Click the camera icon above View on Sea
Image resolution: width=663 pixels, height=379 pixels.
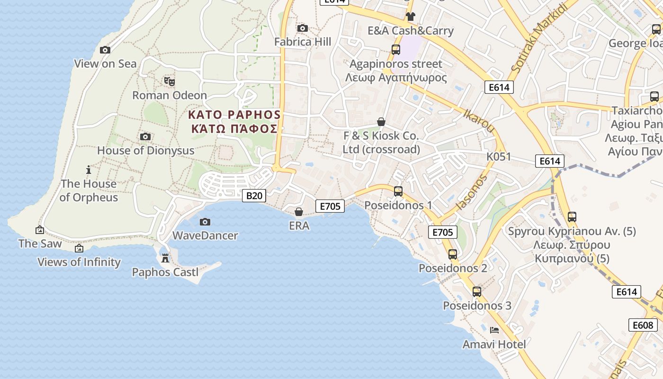tap(105, 50)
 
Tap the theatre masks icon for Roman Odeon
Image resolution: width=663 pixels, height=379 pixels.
tap(170, 81)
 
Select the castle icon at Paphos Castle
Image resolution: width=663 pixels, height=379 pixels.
tap(165, 259)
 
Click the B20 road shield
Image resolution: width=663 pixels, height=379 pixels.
tap(254, 195)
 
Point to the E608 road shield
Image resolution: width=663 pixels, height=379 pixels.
tap(643, 325)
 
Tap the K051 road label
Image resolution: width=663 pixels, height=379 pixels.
tap(499, 156)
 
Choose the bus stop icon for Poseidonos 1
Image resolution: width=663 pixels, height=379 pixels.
tap(398, 191)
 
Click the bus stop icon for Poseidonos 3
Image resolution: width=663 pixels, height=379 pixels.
tap(477, 292)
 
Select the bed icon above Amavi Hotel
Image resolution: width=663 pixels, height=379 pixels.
tap(494, 330)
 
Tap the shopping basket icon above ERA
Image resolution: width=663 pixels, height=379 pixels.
tap(299, 212)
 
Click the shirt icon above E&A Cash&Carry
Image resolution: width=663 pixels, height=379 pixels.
tap(410, 17)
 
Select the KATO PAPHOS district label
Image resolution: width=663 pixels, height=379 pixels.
tap(234, 115)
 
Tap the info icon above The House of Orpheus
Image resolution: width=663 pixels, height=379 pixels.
tap(89, 170)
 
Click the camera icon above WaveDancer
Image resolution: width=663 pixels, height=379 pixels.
tap(205, 222)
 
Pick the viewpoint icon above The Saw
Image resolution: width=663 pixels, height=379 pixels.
tap(40, 230)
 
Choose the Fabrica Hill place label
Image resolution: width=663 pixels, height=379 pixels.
tap(303, 42)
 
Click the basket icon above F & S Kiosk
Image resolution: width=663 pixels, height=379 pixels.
tap(381, 122)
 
